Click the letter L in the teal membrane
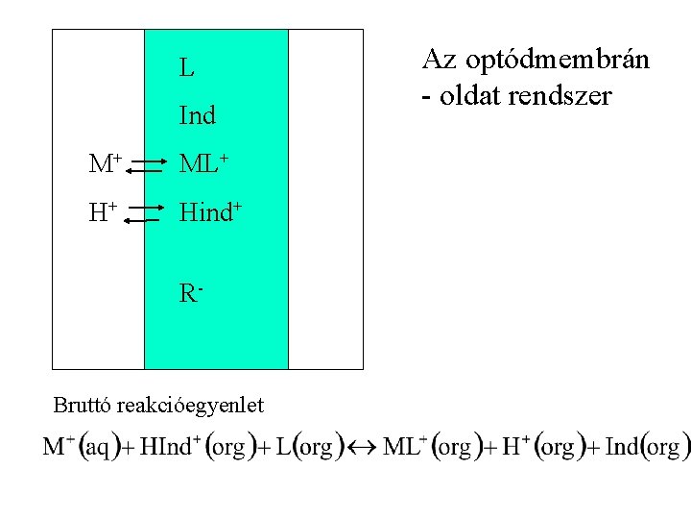pos(186,68)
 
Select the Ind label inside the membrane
pos(198,116)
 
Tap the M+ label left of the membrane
pos(105,164)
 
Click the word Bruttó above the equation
pos(83,405)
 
